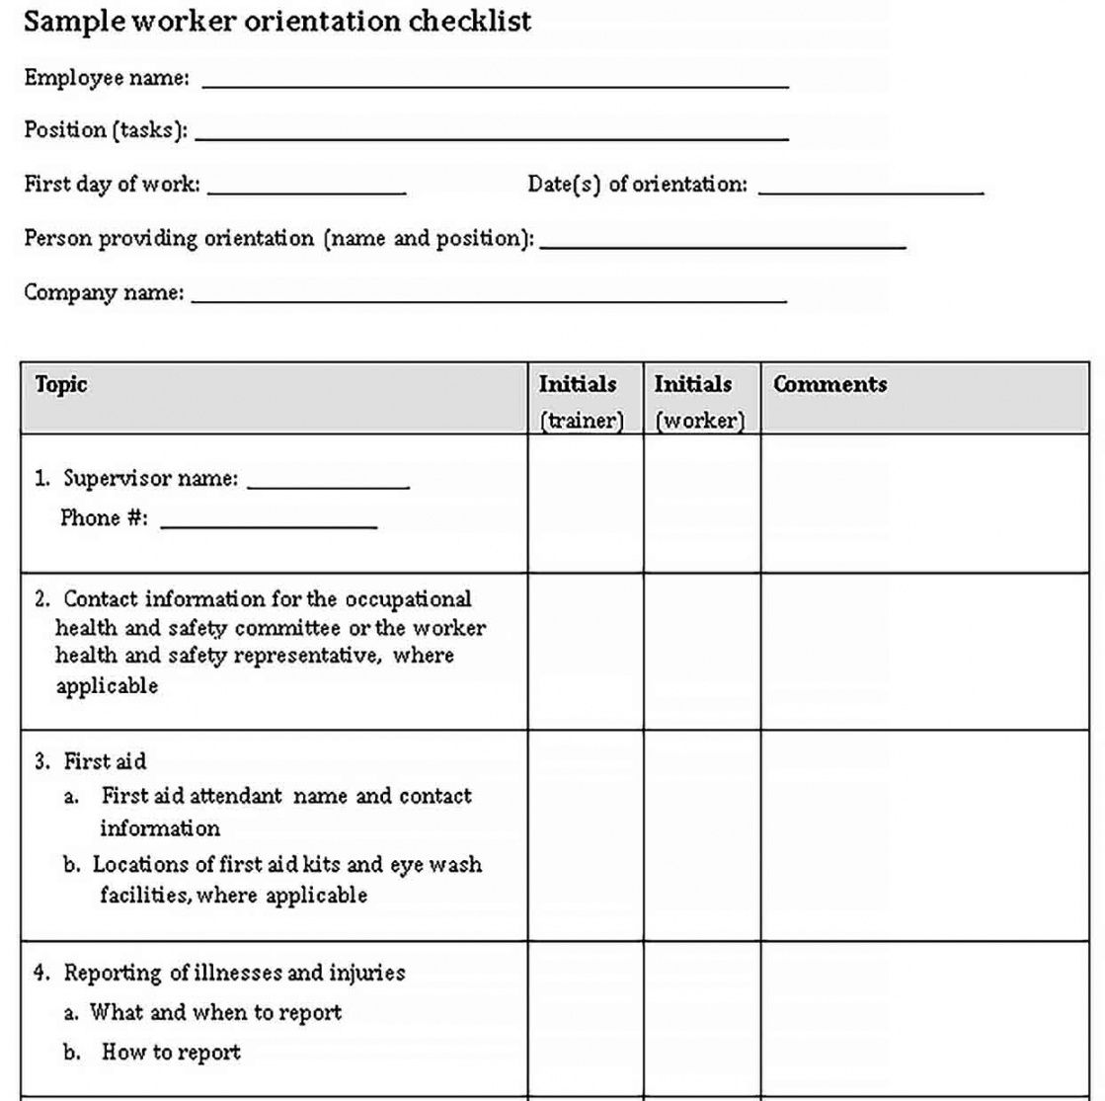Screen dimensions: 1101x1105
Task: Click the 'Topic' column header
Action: (x=61, y=385)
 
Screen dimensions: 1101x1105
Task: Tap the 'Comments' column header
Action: (x=829, y=385)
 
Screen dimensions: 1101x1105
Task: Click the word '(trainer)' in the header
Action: (x=582, y=421)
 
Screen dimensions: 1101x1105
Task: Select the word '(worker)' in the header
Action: (x=699, y=421)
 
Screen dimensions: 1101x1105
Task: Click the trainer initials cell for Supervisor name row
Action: (x=586, y=504)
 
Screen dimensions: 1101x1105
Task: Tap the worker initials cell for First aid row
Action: (x=702, y=835)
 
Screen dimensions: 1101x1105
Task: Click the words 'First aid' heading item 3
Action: (x=105, y=761)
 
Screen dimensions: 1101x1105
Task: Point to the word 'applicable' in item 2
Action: (x=107, y=686)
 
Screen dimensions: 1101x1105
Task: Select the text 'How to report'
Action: (x=171, y=1053)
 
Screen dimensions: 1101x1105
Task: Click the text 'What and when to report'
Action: (x=215, y=1012)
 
